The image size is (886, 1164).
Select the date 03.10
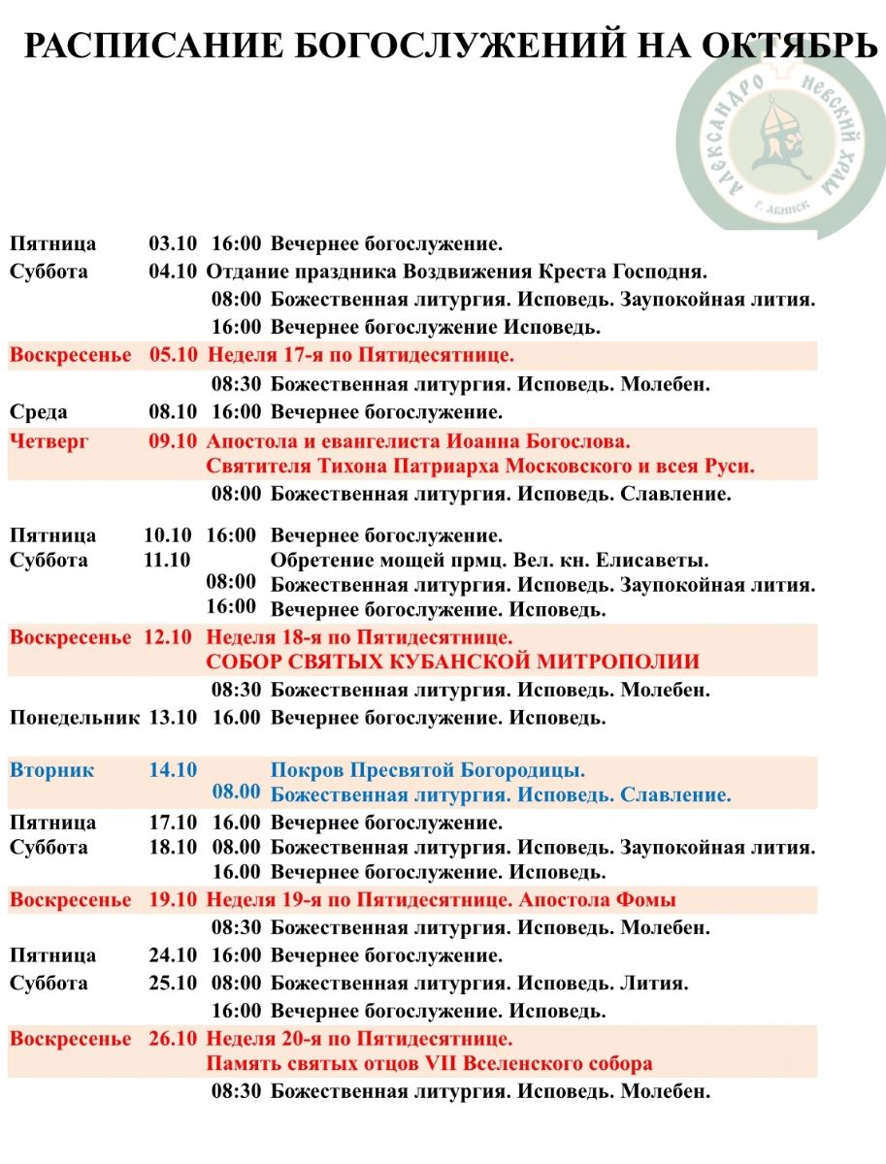click(x=173, y=243)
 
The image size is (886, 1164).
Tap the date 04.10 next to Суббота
click(x=173, y=271)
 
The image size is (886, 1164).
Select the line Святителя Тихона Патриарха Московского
click(x=480, y=467)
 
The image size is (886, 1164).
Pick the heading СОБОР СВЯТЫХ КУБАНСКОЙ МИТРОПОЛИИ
click(x=452, y=663)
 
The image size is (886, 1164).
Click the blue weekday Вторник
click(x=52, y=770)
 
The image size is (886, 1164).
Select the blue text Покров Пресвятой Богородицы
click(x=428, y=771)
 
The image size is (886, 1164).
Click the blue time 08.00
click(x=237, y=792)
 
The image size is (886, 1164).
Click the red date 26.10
click(x=173, y=1039)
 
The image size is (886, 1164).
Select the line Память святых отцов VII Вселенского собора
click(x=429, y=1064)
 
